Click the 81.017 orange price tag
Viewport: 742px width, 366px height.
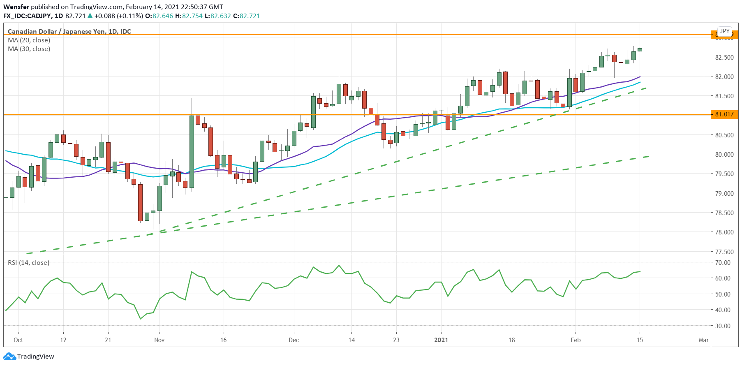[x=724, y=114]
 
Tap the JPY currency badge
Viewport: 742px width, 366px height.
[x=724, y=31]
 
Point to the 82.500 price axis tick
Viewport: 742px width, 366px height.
[x=724, y=57]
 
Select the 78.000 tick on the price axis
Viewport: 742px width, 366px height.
[x=724, y=232]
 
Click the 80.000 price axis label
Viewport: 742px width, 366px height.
[x=724, y=154]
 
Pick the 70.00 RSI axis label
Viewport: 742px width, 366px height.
[x=723, y=262]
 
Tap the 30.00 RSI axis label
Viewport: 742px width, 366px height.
[x=723, y=326]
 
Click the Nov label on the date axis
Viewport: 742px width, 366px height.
[x=159, y=340]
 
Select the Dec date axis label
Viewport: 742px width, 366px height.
[x=294, y=340]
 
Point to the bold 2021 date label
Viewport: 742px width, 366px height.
[x=441, y=340]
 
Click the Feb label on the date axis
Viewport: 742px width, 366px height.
[x=576, y=340]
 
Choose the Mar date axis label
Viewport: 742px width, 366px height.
[x=703, y=340]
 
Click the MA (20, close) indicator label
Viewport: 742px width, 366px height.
[x=29, y=40]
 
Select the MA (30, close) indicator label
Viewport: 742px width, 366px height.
[x=29, y=49]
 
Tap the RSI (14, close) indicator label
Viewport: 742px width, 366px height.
[x=28, y=263]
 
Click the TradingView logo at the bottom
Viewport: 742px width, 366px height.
[x=29, y=356]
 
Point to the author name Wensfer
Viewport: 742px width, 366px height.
[x=16, y=7]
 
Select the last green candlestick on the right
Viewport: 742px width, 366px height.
[x=640, y=50]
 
